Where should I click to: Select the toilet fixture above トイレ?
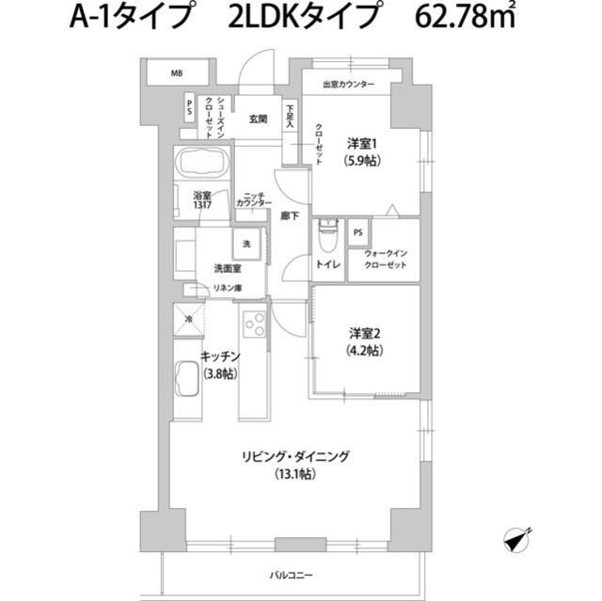pos(327,230)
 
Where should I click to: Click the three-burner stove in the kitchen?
pos(254,324)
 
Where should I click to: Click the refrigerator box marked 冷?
pos(188,320)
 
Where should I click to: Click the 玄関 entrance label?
pos(259,119)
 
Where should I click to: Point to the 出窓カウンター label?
pos(348,85)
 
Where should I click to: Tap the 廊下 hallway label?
pos(290,216)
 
